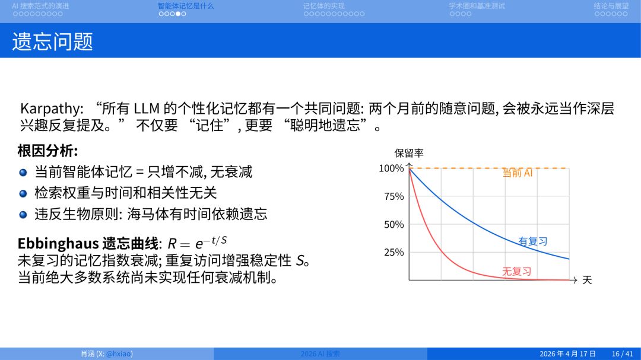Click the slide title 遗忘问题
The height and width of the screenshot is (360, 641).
(x=53, y=41)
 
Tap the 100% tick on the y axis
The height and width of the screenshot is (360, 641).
(x=391, y=168)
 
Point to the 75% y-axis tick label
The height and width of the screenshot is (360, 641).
(x=394, y=196)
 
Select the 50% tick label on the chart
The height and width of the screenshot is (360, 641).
(x=394, y=224)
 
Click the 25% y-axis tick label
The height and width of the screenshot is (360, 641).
(x=394, y=252)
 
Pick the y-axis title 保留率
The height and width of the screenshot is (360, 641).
(x=409, y=153)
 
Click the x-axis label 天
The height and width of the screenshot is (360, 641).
(x=587, y=280)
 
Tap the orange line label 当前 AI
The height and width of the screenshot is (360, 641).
(x=518, y=173)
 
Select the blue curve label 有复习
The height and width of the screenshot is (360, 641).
(x=532, y=241)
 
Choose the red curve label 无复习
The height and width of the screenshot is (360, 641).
(x=516, y=272)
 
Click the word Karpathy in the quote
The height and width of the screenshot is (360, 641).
(x=52, y=109)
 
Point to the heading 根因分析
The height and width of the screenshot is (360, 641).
(x=47, y=151)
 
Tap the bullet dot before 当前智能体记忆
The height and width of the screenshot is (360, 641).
(x=23, y=173)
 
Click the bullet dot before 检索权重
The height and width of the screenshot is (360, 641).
(x=23, y=193)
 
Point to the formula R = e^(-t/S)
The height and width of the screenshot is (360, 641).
(x=197, y=243)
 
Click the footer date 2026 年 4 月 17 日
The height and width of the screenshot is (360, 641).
(x=567, y=353)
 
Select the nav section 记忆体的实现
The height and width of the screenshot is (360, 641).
(x=323, y=6)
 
